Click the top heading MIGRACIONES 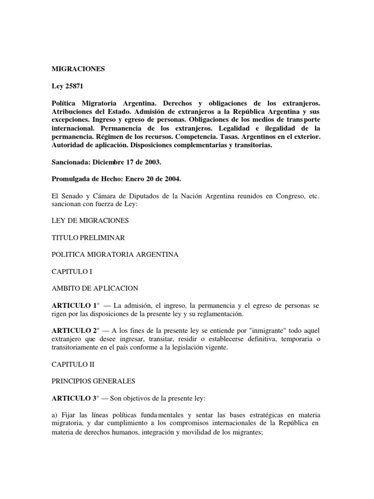[78, 69]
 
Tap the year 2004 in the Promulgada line [169, 179]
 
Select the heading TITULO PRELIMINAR [88, 237]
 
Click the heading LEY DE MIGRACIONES [90, 220]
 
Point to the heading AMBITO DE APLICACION [95, 288]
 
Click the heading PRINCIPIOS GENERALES [93, 381]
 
